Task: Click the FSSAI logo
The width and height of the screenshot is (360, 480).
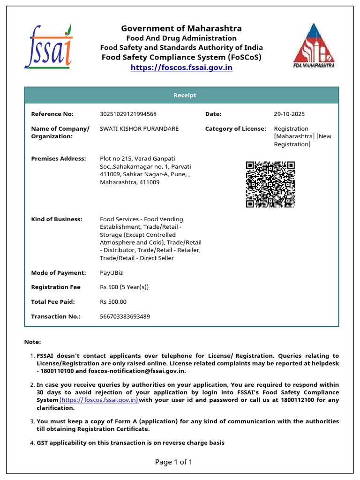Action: tap(48, 46)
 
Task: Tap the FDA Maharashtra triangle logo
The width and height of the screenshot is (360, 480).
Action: tap(314, 45)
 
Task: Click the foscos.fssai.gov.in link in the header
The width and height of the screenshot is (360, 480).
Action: tap(181, 67)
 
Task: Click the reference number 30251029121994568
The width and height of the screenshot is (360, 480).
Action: tap(128, 114)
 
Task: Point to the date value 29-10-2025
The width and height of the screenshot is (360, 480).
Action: tap(289, 114)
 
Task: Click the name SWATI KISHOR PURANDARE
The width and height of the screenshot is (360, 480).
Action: tap(139, 128)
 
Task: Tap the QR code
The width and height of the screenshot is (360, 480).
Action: tap(270, 184)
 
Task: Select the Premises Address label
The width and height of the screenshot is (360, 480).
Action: tap(59, 158)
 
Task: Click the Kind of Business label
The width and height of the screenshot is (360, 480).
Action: tap(57, 219)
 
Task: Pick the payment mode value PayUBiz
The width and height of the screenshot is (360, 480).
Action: tap(112, 273)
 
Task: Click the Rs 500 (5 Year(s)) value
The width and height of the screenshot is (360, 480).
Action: tap(124, 287)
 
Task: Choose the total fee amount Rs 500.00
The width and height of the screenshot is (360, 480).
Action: tap(113, 302)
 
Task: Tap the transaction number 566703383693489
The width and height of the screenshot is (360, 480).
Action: tap(125, 316)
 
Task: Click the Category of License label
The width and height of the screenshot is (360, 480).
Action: tap(235, 128)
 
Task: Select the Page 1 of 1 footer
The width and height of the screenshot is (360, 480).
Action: tap(173, 462)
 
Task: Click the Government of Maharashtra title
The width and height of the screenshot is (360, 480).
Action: tap(181, 29)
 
